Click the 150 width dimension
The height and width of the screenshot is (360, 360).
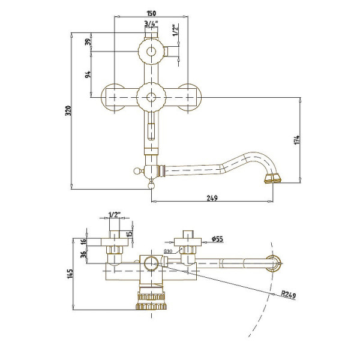(x=152, y=13)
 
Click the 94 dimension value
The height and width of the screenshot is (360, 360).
(x=88, y=74)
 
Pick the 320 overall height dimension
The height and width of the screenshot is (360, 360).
(x=68, y=110)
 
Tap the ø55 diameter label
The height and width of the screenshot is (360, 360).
(x=218, y=239)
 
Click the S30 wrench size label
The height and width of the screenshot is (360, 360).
(x=168, y=252)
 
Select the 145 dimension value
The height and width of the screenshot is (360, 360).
(x=70, y=274)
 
